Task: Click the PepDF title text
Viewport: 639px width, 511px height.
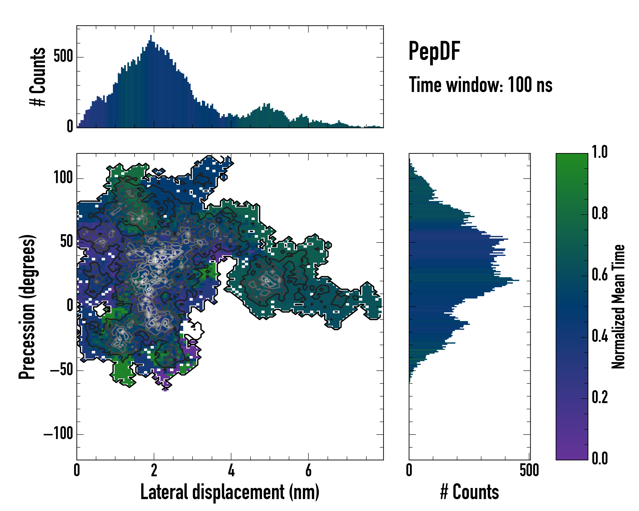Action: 434,51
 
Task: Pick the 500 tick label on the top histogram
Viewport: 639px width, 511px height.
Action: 63,56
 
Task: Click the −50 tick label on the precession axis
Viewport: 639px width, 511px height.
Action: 62,370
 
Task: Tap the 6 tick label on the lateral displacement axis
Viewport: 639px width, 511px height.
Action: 308,470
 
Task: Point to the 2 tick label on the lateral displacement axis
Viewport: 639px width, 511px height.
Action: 154,470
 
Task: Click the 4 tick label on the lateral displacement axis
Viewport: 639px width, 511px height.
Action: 231,470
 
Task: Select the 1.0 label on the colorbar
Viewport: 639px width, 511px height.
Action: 600,152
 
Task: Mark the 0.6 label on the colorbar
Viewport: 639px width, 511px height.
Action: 600,275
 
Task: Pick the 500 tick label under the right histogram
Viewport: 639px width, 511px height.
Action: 529,470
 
